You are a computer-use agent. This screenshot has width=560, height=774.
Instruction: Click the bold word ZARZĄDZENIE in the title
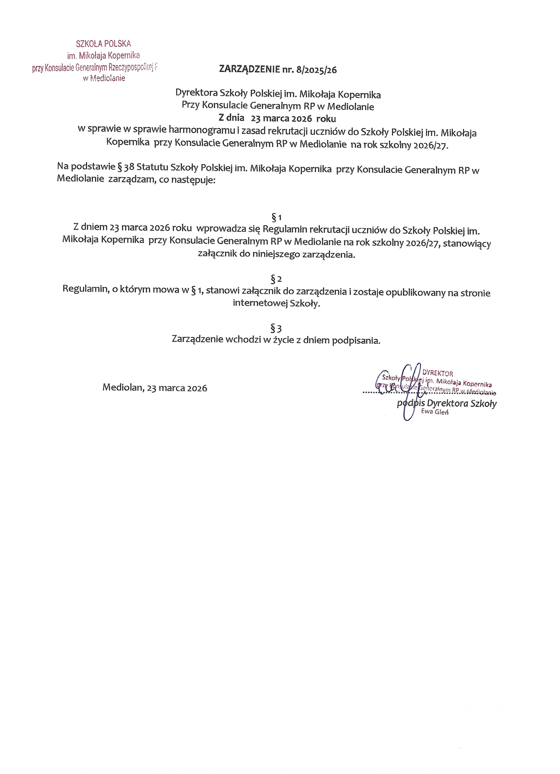(x=249, y=69)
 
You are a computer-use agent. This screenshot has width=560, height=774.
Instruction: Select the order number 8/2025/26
(x=316, y=70)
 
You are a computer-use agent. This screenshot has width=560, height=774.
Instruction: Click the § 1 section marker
(x=276, y=217)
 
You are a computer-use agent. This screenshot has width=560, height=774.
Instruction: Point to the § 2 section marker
(x=276, y=279)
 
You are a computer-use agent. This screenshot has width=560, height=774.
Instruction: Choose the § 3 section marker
(x=276, y=329)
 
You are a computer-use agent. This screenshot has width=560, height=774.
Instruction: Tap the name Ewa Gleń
(x=434, y=412)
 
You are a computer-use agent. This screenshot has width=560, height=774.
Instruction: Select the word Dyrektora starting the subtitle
(x=196, y=93)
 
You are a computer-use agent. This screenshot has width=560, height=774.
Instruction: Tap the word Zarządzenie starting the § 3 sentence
(x=197, y=339)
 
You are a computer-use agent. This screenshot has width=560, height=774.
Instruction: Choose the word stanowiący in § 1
(x=467, y=244)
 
